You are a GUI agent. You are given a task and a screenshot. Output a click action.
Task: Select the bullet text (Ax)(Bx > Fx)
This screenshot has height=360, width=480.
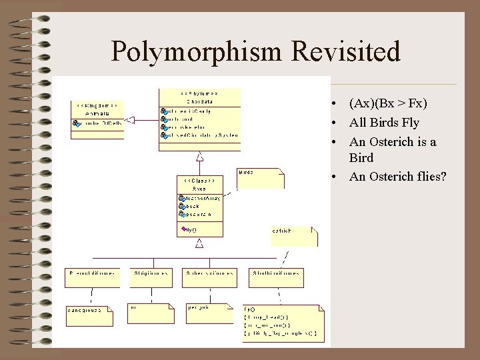[388, 103]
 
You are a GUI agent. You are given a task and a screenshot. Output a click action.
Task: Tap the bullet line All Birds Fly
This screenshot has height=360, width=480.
[384, 123]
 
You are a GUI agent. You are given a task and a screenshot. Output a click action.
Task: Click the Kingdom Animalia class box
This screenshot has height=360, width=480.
[97, 119]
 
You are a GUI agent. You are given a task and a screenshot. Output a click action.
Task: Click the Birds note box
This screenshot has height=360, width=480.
[261, 178]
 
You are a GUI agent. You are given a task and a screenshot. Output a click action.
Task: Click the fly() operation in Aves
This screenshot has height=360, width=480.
[191, 229]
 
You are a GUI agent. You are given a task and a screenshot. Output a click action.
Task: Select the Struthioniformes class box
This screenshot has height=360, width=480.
[276, 277]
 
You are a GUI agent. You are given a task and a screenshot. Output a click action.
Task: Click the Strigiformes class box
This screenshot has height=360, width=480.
[151, 277]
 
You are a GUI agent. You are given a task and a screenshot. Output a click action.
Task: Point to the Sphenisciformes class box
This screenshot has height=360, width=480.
[209, 277]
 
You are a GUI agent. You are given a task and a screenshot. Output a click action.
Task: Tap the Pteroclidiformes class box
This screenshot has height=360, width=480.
[93, 277]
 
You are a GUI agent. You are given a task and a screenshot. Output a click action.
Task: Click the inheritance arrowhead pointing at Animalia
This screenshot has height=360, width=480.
[130, 120]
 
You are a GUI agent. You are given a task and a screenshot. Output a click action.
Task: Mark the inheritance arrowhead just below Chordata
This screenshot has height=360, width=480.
[199, 156]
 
